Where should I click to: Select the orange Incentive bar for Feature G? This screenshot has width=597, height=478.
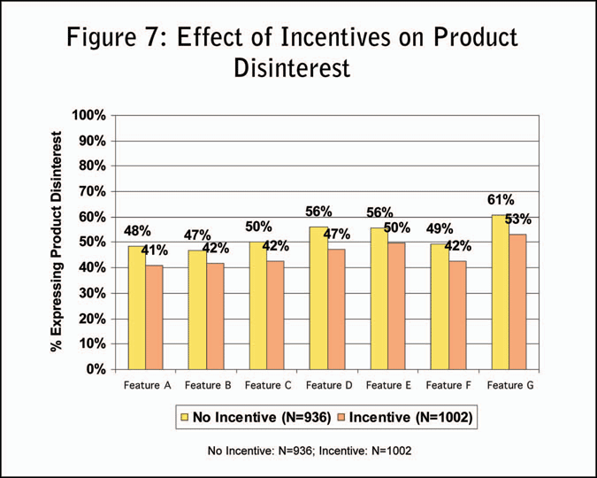[517, 302]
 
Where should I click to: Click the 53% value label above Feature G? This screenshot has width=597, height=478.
[519, 220]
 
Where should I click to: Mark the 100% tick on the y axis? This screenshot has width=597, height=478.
[89, 116]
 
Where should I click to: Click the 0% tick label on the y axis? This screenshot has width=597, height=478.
[96, 369]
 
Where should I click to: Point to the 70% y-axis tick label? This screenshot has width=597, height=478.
[92, 192]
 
